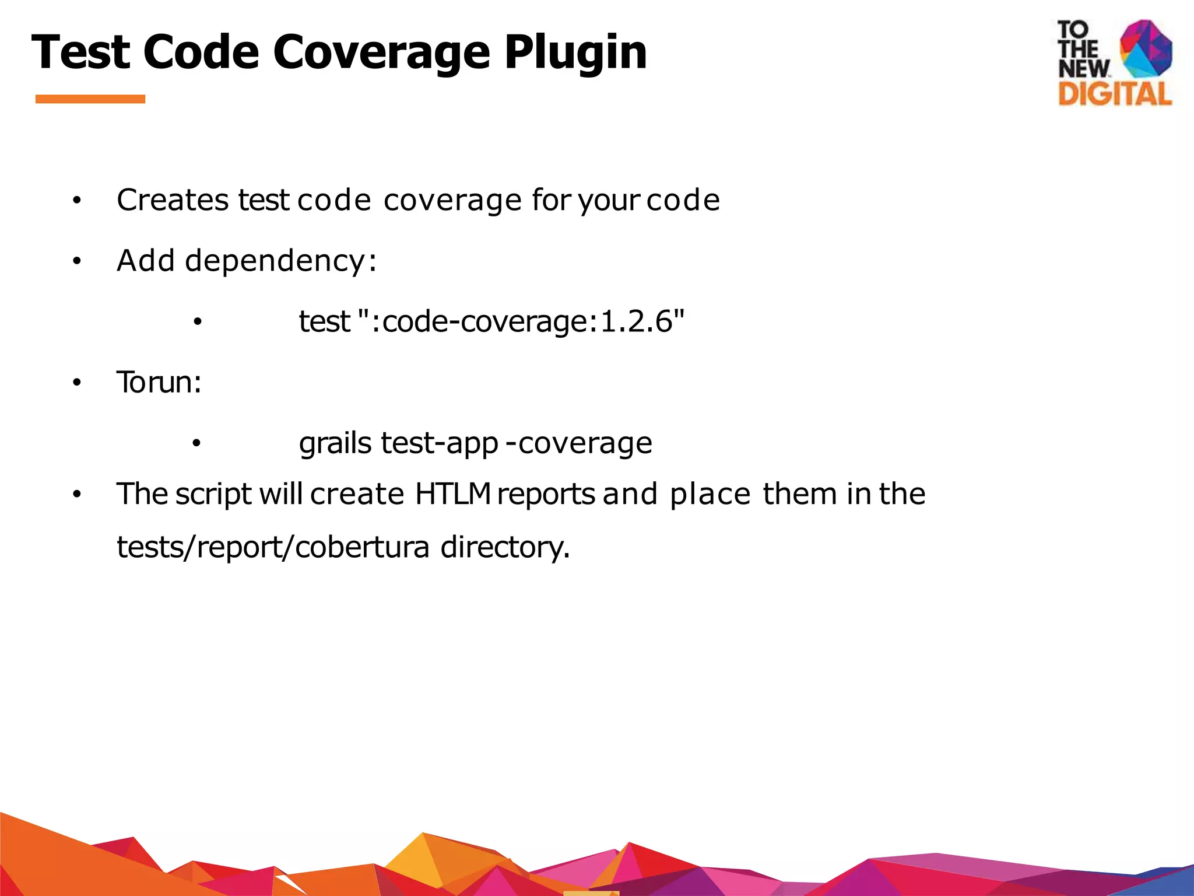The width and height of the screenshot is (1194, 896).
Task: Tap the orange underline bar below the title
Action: tap(90, 99)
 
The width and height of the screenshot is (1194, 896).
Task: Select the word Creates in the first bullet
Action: tap(173, 200)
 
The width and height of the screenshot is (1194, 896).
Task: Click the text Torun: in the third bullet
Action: tap(159, 383)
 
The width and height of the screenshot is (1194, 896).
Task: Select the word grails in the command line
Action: tap(335, 443)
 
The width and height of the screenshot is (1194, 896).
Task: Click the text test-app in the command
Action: tap(440, 443)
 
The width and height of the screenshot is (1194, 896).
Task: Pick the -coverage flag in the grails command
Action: tap(579, 443)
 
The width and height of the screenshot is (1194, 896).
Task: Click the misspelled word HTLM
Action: tap(453, 494)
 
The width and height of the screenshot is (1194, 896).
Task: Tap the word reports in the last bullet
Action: tap(546, 494)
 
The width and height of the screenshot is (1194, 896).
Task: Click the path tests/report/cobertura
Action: tap(273, 547)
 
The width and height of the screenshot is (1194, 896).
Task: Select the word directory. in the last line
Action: tap(505, 547)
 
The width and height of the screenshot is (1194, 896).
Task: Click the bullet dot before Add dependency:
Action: tap(76, 262)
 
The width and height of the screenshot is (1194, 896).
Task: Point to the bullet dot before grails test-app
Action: tap(196, 443)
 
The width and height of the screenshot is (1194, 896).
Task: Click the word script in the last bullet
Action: tap(213, 495)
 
